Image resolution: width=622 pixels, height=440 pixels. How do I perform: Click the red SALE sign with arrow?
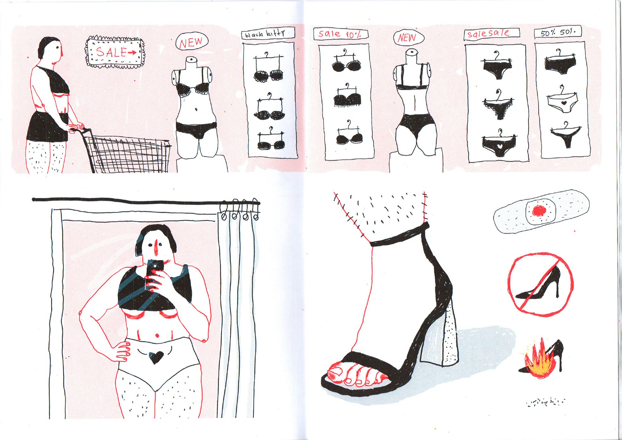pos(115,52)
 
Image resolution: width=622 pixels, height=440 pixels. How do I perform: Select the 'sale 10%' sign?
pos(341,34)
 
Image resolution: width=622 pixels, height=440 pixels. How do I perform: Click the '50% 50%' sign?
pos(558,32)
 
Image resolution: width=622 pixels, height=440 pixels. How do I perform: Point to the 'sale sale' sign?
pos(492,34)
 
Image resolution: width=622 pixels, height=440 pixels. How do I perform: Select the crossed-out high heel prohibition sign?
pos(541,285)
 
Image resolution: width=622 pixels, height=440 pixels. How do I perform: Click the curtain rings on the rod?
pos(240,210)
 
